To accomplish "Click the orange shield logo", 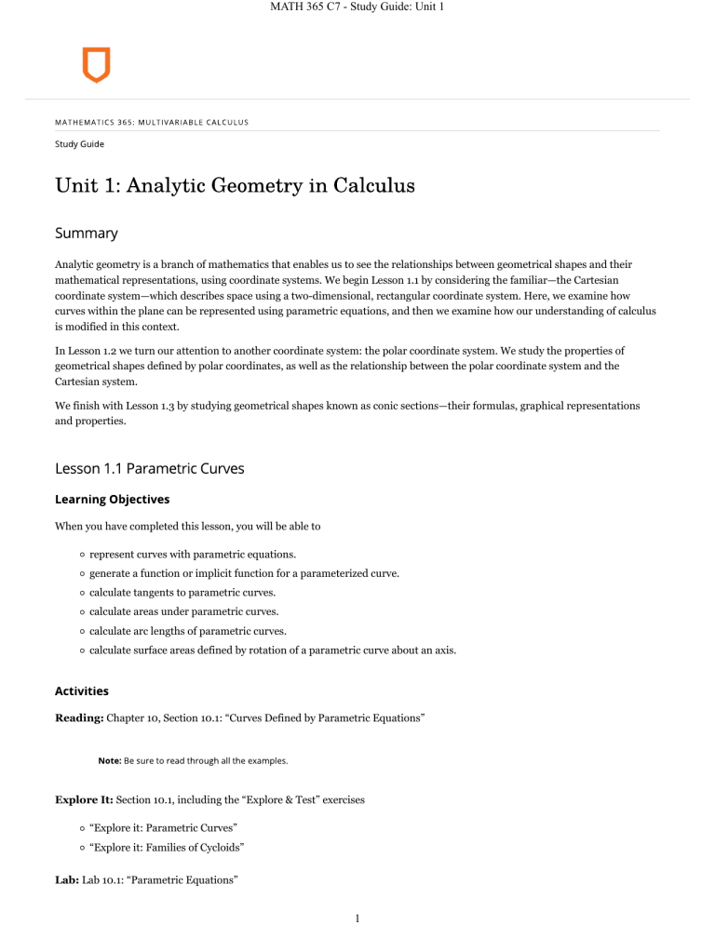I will (x=96, y=65).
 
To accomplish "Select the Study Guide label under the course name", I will (x=78, y=144).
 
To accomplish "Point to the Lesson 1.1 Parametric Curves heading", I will (x=148, y=468).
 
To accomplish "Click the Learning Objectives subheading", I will (x=111, y=499).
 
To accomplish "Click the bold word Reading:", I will (x=79, y=720).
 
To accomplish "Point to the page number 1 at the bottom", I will (x=357, y=914).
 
